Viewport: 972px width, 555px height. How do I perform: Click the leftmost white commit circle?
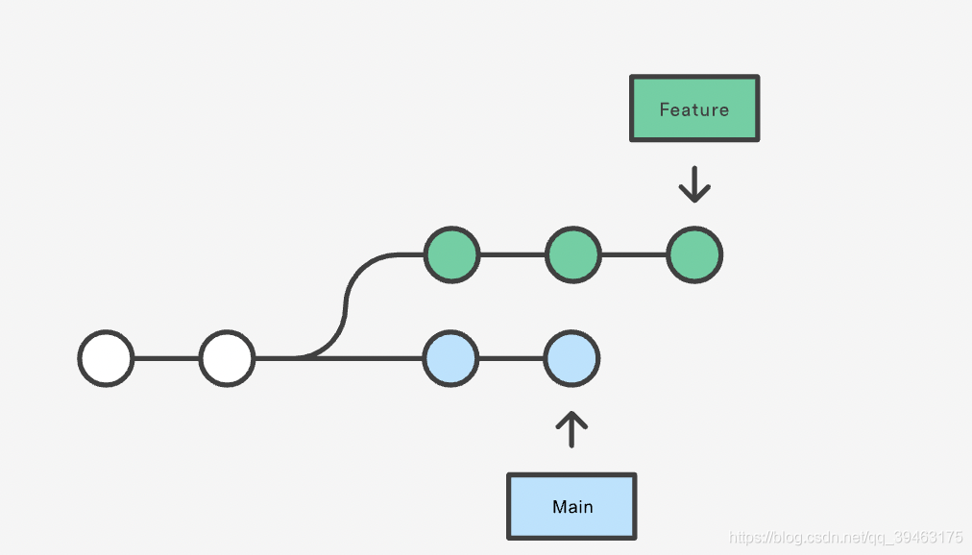point(106,359)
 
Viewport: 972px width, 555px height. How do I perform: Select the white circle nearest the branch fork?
point(227,359)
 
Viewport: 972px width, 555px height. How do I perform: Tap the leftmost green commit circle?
point(452,254)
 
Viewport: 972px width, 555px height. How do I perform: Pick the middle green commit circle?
point(573,254)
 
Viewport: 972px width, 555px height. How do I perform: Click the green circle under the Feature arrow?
point(694,254)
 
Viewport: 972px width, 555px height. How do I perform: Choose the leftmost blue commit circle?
point(450,359)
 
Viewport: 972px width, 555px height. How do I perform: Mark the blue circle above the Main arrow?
point(571,359)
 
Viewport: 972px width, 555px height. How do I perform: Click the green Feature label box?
point(694,109)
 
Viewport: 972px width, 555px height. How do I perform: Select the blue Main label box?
point(571,507)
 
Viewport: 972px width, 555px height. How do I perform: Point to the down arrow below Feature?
point(694,184)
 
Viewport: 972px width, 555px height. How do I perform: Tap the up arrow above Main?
point(571,429)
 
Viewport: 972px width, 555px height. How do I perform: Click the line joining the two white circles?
point(167,359)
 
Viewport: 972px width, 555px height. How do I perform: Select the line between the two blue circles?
point(511,359)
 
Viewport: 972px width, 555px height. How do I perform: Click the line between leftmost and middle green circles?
point(513,254)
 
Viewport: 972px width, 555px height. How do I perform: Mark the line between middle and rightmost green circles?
point(634,254)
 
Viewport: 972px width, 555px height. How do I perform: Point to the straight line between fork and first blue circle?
point(366,359)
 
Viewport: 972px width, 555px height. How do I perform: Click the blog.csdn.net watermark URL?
point(845,537)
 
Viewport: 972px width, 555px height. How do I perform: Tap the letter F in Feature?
point(665,109)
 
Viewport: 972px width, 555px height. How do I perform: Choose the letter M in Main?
point(559,507)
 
